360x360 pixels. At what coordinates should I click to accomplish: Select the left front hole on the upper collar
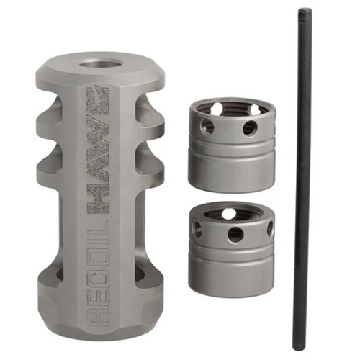click(x=207, y=127)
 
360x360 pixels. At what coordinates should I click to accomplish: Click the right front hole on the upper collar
click(x=249, y=128)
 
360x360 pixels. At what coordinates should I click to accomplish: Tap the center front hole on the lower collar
click(x=235, y=234)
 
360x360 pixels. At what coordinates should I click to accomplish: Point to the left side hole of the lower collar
click(x=197, y=229)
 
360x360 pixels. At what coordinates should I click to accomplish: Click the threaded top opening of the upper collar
click(x=229, y=110)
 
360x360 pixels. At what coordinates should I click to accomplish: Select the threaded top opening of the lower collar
click(x=229, y=213)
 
